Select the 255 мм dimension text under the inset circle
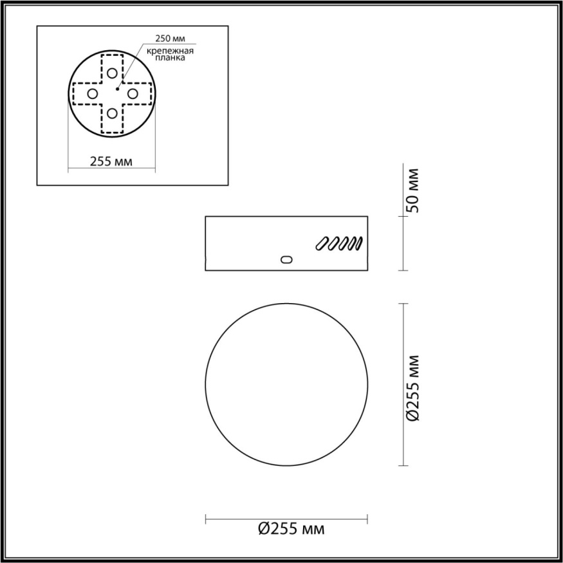tap(111, 162)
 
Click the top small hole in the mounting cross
tap(113, 73)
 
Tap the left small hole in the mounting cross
tap(92, 93)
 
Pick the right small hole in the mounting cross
tap(133, 93)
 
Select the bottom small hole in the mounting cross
tap(113, 114)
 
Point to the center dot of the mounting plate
tap(117, 89)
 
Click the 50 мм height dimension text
tap(412, 190)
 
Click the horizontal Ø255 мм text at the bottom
tap(291, 529)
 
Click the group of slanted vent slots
tap(339, 243)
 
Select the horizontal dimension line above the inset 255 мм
tap(111, 171)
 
